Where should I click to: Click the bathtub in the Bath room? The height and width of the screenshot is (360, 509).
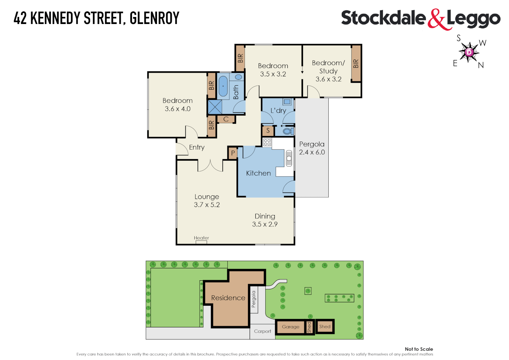223,86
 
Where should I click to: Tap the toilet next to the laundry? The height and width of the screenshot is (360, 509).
287,131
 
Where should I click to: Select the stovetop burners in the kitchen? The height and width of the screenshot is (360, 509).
267,143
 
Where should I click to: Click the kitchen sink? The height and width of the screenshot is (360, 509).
289,158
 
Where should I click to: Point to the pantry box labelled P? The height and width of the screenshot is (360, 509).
233,153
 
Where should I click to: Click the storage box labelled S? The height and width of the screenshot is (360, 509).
268,131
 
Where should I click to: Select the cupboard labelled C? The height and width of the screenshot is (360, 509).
226,119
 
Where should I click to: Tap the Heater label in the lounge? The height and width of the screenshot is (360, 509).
201,238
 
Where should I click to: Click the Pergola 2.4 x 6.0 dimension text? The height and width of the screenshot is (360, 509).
312,152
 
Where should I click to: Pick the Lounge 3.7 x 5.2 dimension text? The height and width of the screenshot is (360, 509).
207,205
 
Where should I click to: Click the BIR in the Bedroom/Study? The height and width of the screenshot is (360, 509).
356,63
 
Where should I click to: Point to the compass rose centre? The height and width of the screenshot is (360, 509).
469,52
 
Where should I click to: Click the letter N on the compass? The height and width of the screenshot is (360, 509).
481,65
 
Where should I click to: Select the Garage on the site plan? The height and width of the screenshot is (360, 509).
290,327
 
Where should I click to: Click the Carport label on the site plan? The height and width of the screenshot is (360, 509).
262,331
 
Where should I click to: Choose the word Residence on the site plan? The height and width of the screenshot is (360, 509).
228,298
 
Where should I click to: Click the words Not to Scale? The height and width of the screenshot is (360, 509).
419,349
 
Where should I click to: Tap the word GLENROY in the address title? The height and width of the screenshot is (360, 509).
154,18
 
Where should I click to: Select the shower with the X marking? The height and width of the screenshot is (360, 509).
215,107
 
